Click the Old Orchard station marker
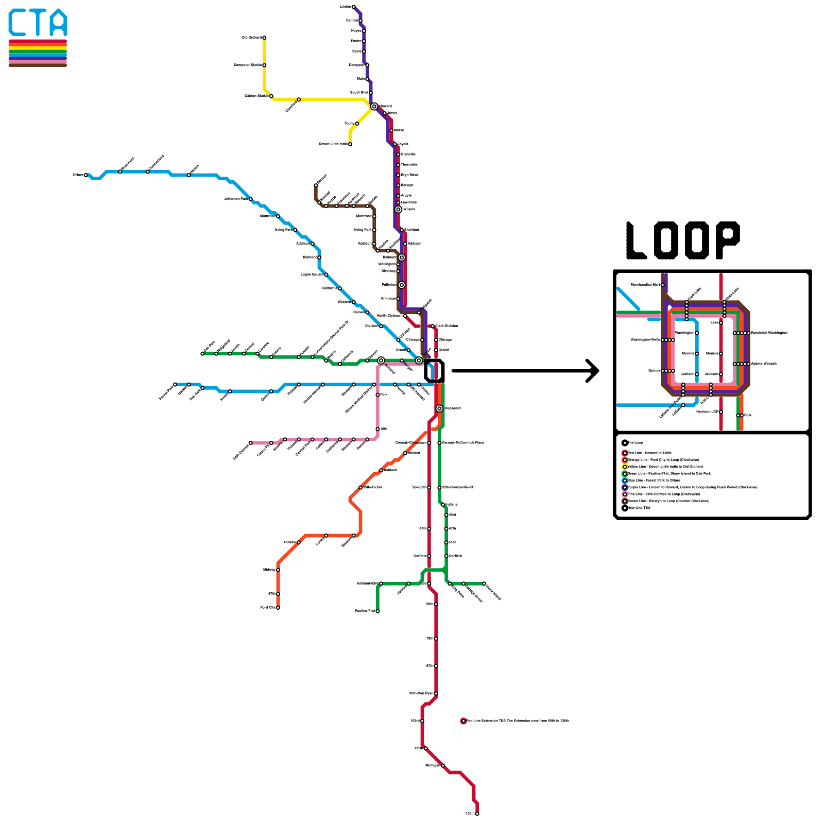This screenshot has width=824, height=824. click(x=264, y=38)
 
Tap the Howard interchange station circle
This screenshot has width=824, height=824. click(x=374, y=107)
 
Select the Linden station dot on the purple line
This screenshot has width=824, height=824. click(x=353, y=7)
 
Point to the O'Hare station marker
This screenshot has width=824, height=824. click(x=86, y=175)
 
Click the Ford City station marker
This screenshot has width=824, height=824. click(x=278, y=608)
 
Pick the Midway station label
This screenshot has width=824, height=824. click(x=269, y=570)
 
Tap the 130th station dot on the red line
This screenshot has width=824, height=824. click(x=477, y=814)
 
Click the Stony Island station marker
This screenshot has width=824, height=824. click(x=484, y=583)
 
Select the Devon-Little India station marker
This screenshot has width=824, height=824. click(x=350, y=144)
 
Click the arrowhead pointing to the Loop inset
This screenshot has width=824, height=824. click(x=595, y=371)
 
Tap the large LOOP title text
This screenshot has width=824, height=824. click(x=683, y=241)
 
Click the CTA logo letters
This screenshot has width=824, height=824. click(x=38, y=23)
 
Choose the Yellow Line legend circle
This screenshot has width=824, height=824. click(x=625, y=467)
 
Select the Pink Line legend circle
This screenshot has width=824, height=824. click(x=625, y=494)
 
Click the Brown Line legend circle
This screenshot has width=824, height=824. click(x=625, y=501)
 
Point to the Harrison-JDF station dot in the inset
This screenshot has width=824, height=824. click(x=721, y=412)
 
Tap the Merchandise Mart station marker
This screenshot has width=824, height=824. click(x=663, y=285)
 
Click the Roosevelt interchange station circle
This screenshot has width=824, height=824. click(x=439, y=408)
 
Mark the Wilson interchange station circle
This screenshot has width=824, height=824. click(x=398, y=210)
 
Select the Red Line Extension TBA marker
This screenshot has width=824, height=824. click(x=463, y=721)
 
